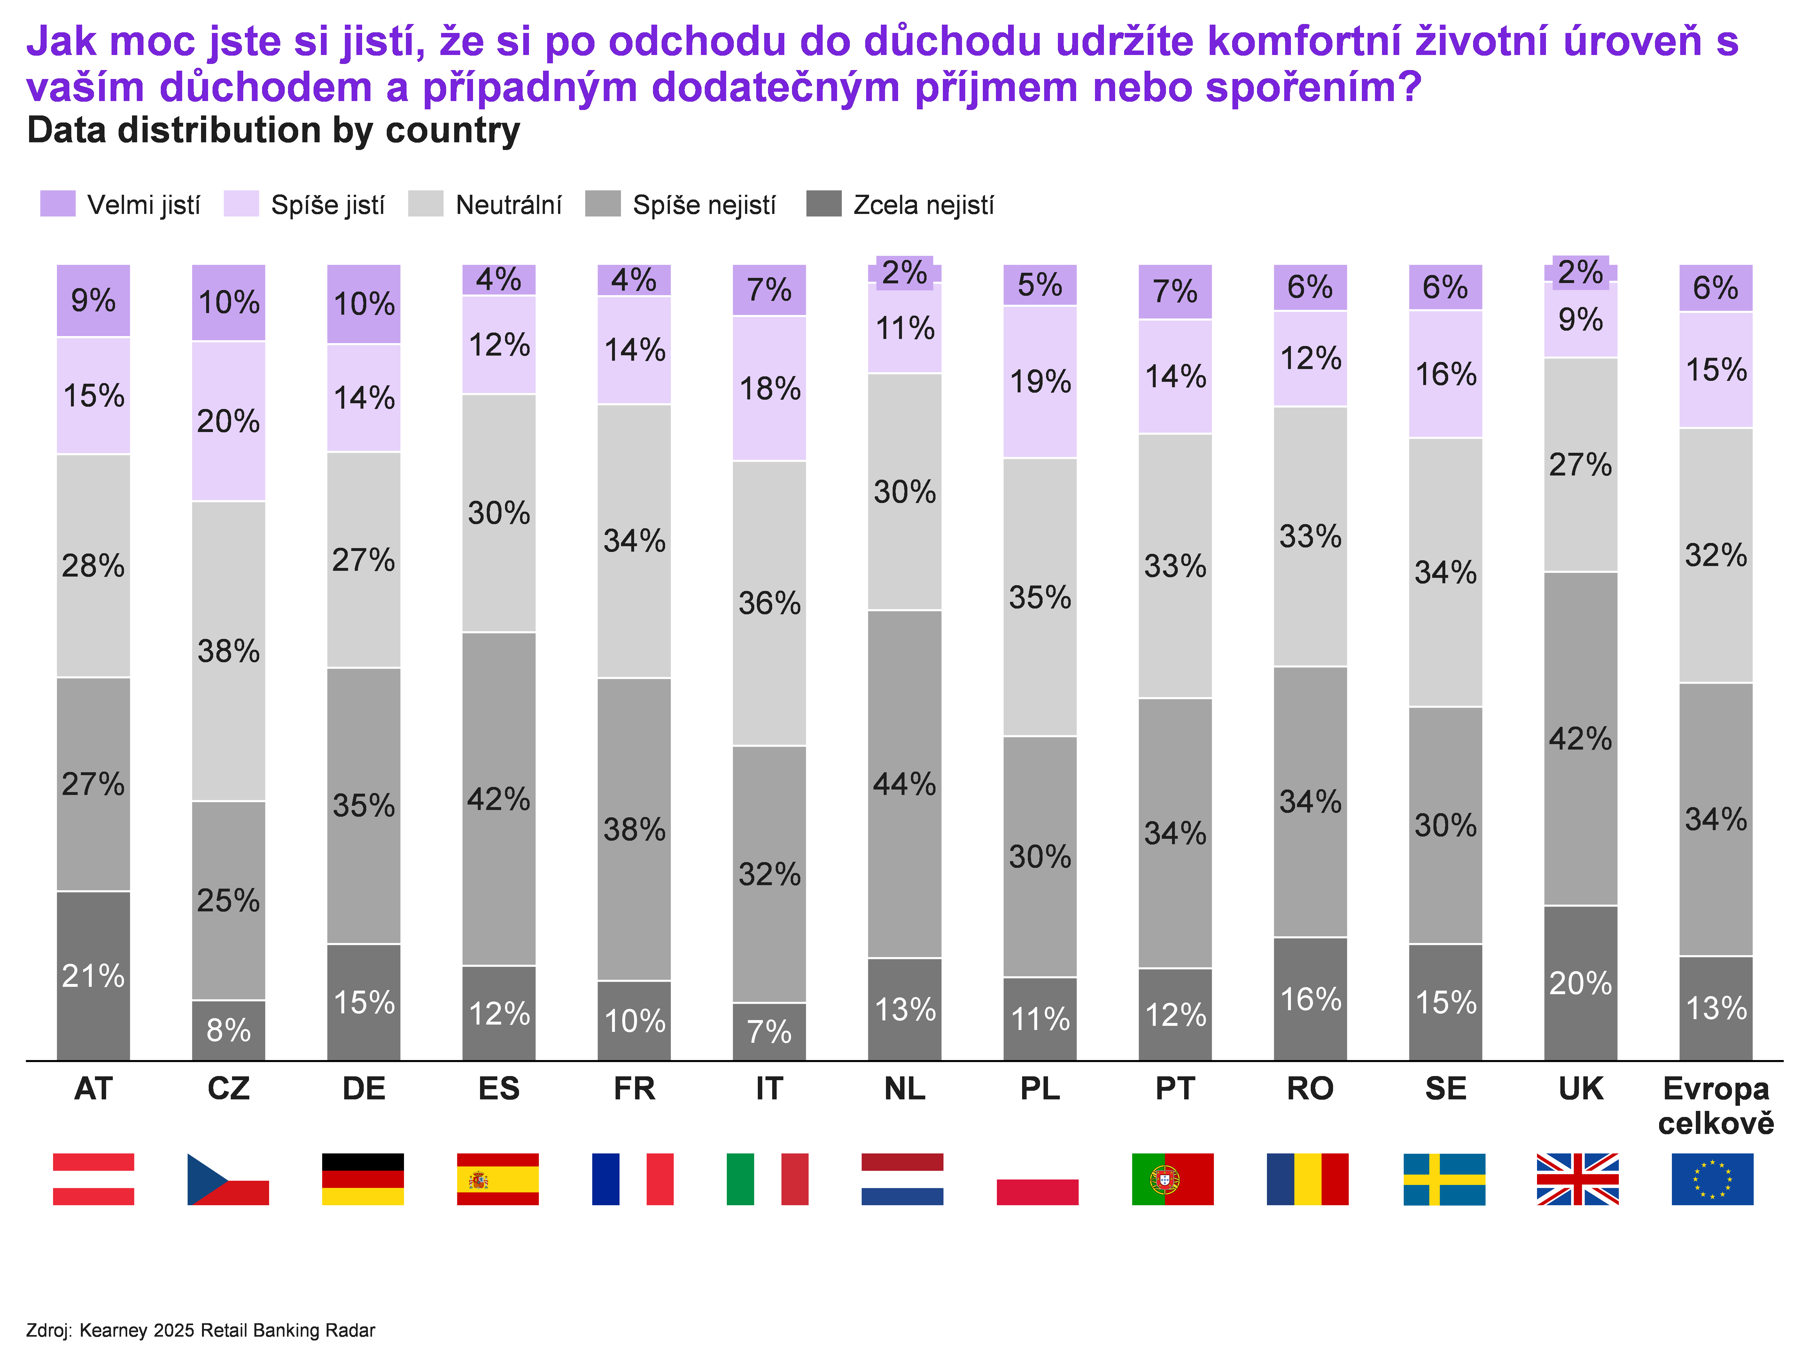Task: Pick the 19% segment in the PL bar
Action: tap(1040, 381)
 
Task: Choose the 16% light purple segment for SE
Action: tap(1445, 374)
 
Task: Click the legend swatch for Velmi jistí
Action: tap(58, 204)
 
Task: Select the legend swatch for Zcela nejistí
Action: tap(823, 204)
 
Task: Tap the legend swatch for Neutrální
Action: tap(426, 204)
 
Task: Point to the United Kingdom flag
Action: tap(1577, 1178)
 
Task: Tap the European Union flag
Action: tap(1712, 1178)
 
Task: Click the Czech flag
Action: tap(228, 1178)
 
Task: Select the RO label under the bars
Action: tap(1310, 1088)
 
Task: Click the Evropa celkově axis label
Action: tap(1716, 1105)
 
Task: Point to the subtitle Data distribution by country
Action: tap(273, 130)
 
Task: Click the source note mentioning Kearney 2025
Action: tap(200, 1330)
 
